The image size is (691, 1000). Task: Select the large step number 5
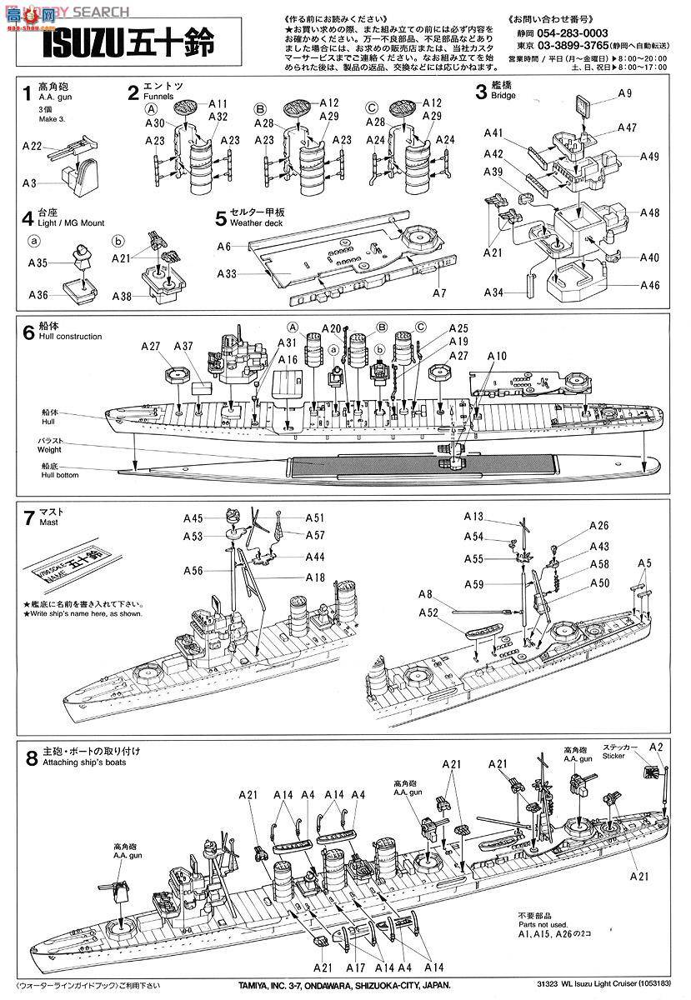coord(220,219)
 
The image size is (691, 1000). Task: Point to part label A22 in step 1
coord(31,147)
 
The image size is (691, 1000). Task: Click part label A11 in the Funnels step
coord(218,103)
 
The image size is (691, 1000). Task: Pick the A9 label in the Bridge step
coord(625,92)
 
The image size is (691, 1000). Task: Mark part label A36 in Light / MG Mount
coord(38,295)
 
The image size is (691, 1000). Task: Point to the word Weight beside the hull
coord(49,450)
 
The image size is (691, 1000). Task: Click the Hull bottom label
coord(49,474)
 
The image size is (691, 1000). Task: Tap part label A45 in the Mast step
coord(193,517)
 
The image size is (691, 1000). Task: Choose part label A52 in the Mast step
coord(428,612)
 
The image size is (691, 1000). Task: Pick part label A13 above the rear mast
coord(474,517)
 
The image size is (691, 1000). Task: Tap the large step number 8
coord(32,758)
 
